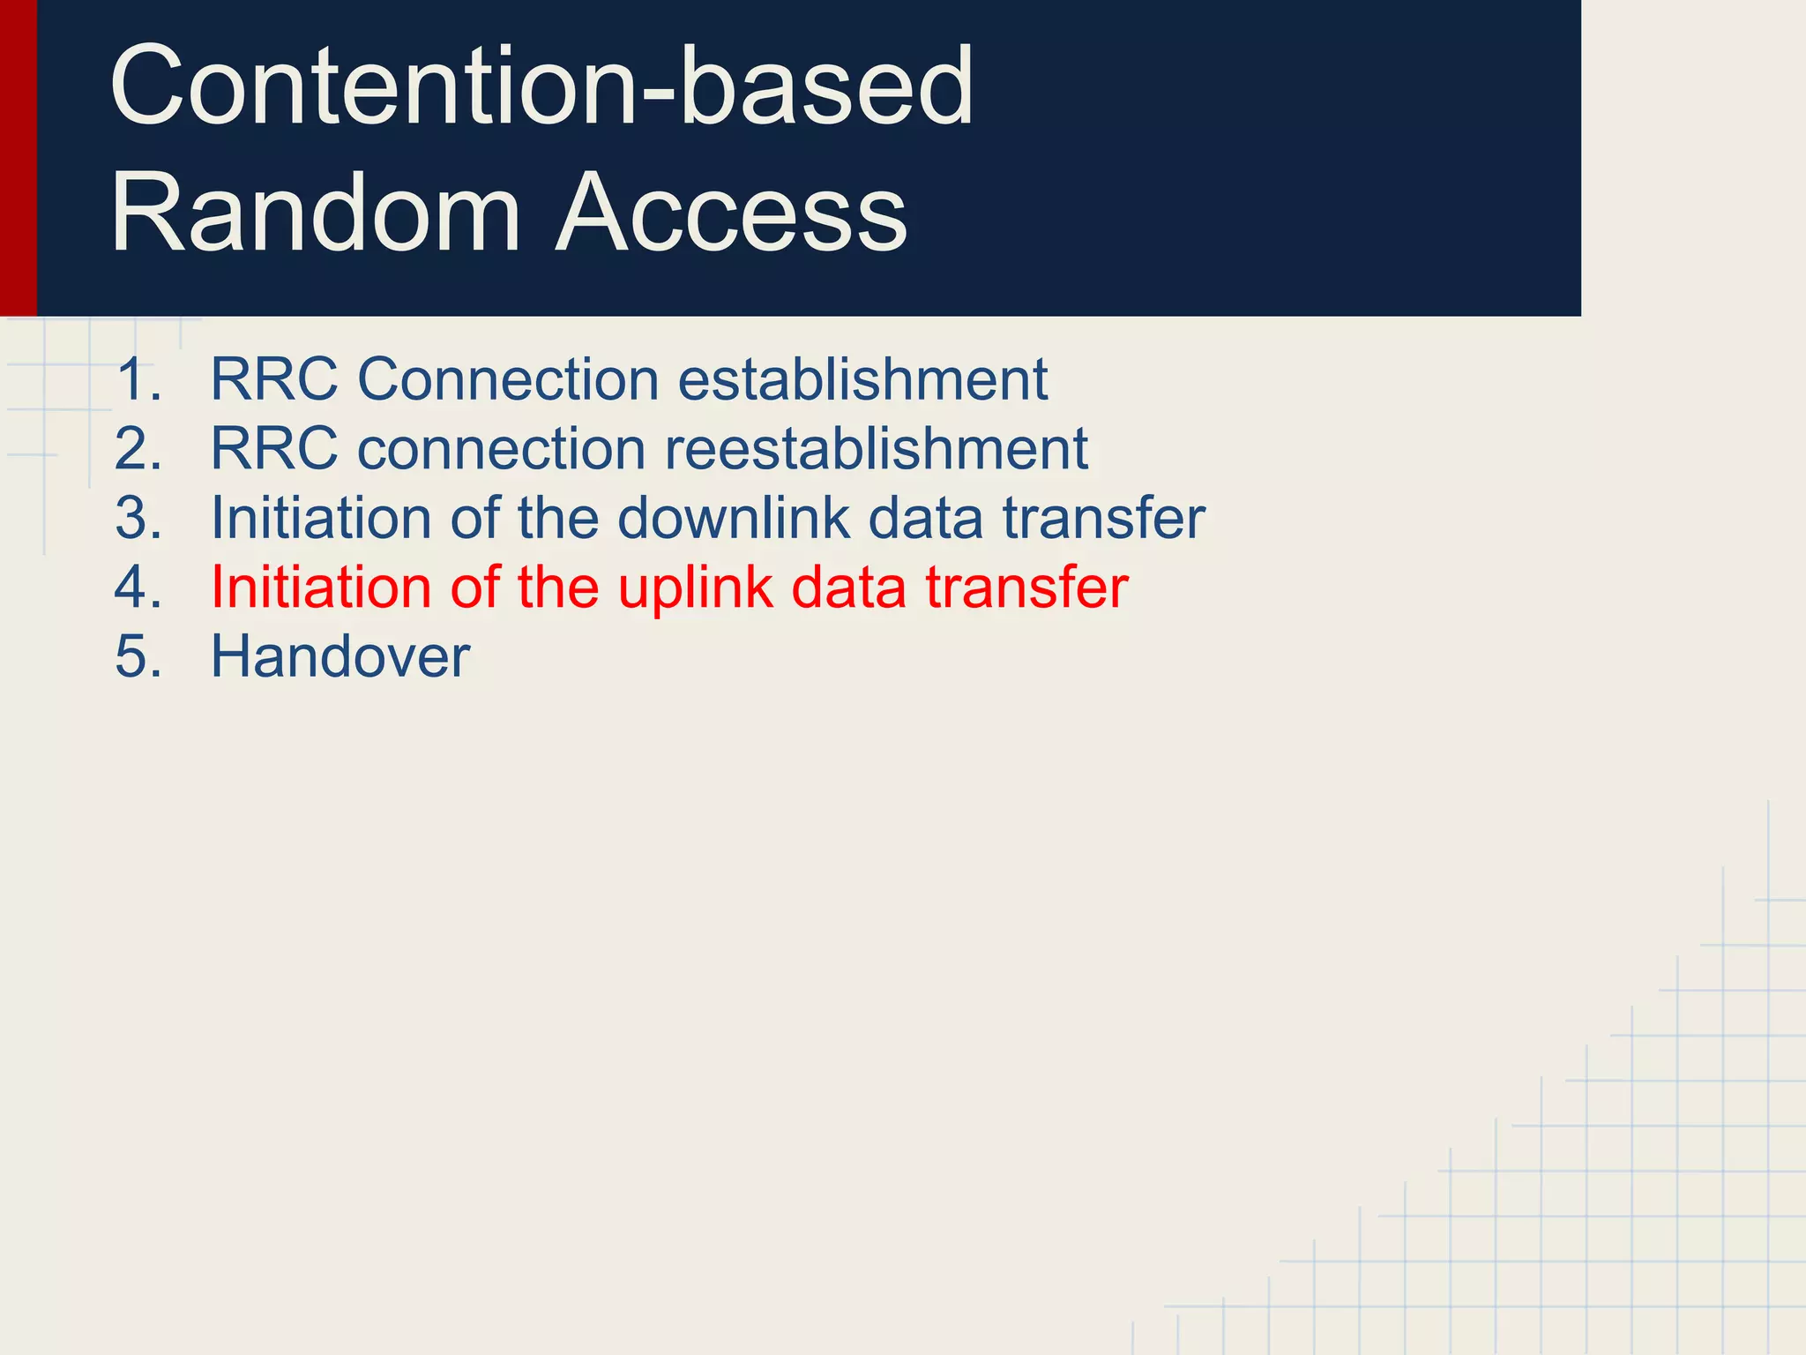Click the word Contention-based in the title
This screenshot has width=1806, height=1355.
pyautogui.click(x=541, y=86)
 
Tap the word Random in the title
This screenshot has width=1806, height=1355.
pyautogui.click(x=316, y=213)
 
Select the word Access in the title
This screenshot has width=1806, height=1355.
pyautogui.click(x=732, y=213)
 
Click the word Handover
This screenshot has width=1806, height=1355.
pyautogui.click(x=340, y=657)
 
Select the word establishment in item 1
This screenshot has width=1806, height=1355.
pyautogui.click(x=862, y=380)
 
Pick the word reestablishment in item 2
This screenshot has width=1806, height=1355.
pyautogui.click(x=876, y=449)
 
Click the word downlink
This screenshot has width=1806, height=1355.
pyautogui.click(x=733, y=518)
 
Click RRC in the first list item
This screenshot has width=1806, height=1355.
pyautogui.click(x=273, y=380)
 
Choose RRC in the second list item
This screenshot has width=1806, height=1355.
pyautogui.click(x=273, y=449)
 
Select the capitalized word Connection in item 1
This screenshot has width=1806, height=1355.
pyautogui.click(x=508, y=380)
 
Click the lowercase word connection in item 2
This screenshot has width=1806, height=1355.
pyautogui.click(x=501, y=449)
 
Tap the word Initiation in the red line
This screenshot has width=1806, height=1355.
pyautogui.click(x=321, y=588)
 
